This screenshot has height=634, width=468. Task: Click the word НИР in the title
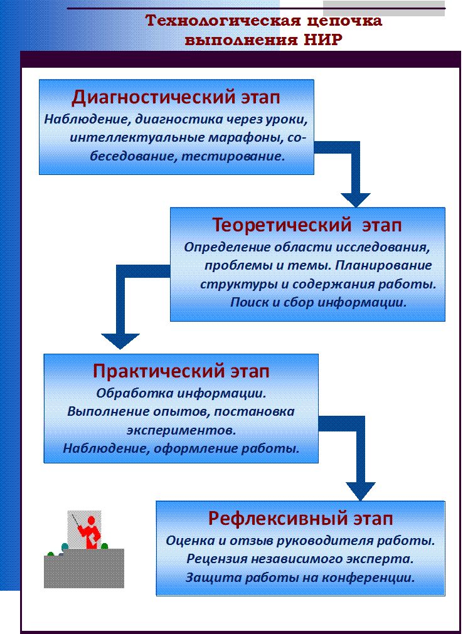coord(323,40)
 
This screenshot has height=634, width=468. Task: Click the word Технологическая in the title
coord(223,20)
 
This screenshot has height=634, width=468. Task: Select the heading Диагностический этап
coord(176,97)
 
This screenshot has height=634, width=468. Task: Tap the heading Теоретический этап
coord(307,225)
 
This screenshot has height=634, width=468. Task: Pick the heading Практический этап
coord(181,371)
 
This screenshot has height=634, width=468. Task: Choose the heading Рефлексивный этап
coord(300,519)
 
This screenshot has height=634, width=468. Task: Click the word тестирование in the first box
coord(233,156)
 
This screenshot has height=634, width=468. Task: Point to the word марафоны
coord(245,137)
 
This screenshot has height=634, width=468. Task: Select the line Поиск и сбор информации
coord(318,302)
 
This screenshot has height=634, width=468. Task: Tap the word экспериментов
coord(181,430)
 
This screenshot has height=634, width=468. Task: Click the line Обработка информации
coord(181,393)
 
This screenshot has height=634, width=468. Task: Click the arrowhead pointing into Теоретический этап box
coord(356,200)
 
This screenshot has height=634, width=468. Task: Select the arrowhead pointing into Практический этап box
coord(120,341)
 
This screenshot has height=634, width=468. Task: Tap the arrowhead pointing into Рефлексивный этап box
coord(360,491)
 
